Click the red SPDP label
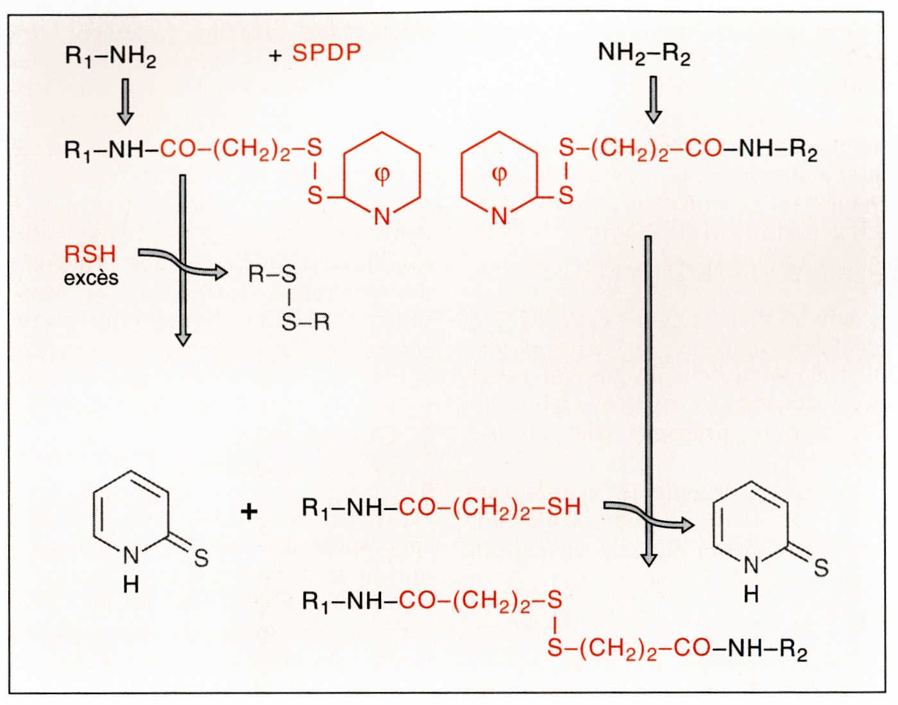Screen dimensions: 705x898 (326, 53)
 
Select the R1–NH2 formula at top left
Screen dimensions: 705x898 (110, 56)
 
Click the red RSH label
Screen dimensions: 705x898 (90, 254)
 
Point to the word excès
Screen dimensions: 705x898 (91, 278)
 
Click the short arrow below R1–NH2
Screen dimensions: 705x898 (126, 101)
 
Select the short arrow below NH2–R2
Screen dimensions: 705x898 (653, 100)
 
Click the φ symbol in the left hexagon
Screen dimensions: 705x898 (382, 174)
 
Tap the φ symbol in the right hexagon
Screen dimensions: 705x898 (499, 174)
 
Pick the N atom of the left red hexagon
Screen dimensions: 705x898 (382, 217)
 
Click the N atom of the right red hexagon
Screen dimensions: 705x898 (499, 217)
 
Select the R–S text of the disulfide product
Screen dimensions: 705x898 (273, 274)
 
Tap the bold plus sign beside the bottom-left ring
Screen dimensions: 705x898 (250, 511)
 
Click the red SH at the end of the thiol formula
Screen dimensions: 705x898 (564, 507)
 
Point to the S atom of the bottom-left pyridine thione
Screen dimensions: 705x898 (201, 558)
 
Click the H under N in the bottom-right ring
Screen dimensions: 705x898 (751, 594)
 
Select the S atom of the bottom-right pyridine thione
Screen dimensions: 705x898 (821, 567)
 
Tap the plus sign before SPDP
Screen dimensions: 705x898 (275, 56)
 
